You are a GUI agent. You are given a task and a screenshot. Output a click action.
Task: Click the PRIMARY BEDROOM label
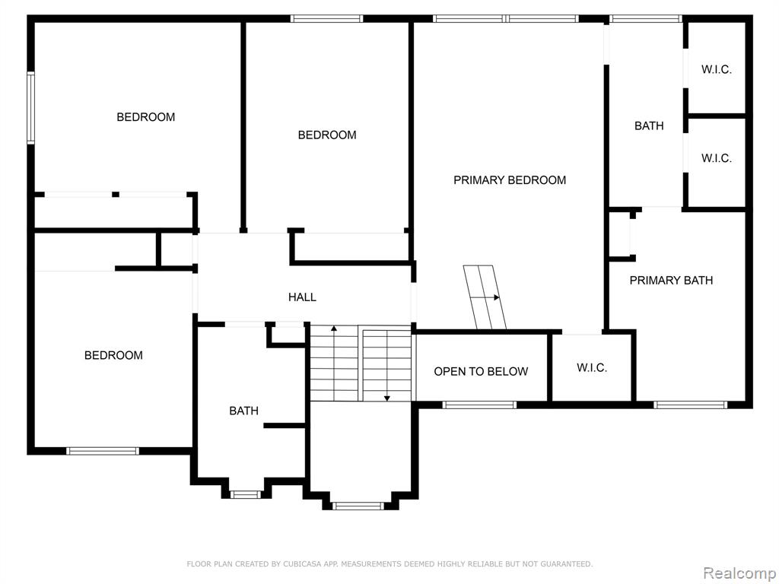point(510,179)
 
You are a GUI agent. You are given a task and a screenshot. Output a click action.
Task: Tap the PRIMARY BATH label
point(671,280)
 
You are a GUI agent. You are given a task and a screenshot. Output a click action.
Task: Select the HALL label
point(302,297)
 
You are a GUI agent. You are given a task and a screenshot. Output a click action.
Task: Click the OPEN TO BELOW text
point(481,371)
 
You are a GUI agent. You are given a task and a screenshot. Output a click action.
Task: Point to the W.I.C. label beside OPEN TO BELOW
point(592,367)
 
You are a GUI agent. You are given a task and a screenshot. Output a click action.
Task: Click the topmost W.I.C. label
point(717,69)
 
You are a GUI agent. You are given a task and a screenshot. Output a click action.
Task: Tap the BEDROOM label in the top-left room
point(145,116)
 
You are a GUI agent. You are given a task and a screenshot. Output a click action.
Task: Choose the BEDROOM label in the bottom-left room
point(113,355)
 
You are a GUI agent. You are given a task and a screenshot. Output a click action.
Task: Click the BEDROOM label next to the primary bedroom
point(327,135)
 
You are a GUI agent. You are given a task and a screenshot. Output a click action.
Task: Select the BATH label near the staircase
point(243,411)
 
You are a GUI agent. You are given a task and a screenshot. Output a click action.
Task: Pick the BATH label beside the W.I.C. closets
point(649,125)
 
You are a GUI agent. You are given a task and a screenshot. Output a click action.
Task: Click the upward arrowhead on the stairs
point(334,328)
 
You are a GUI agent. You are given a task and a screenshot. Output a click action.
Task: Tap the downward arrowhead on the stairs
point(387,398)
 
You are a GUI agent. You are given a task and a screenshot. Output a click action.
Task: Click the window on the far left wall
point(30,108)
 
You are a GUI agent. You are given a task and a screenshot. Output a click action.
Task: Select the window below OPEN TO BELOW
point(479,405)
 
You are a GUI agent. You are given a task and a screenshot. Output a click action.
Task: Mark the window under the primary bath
point(690,405)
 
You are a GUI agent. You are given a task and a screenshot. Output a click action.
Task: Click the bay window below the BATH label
point(245,494)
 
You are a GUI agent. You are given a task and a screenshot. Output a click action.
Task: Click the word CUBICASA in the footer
point(303,563)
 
